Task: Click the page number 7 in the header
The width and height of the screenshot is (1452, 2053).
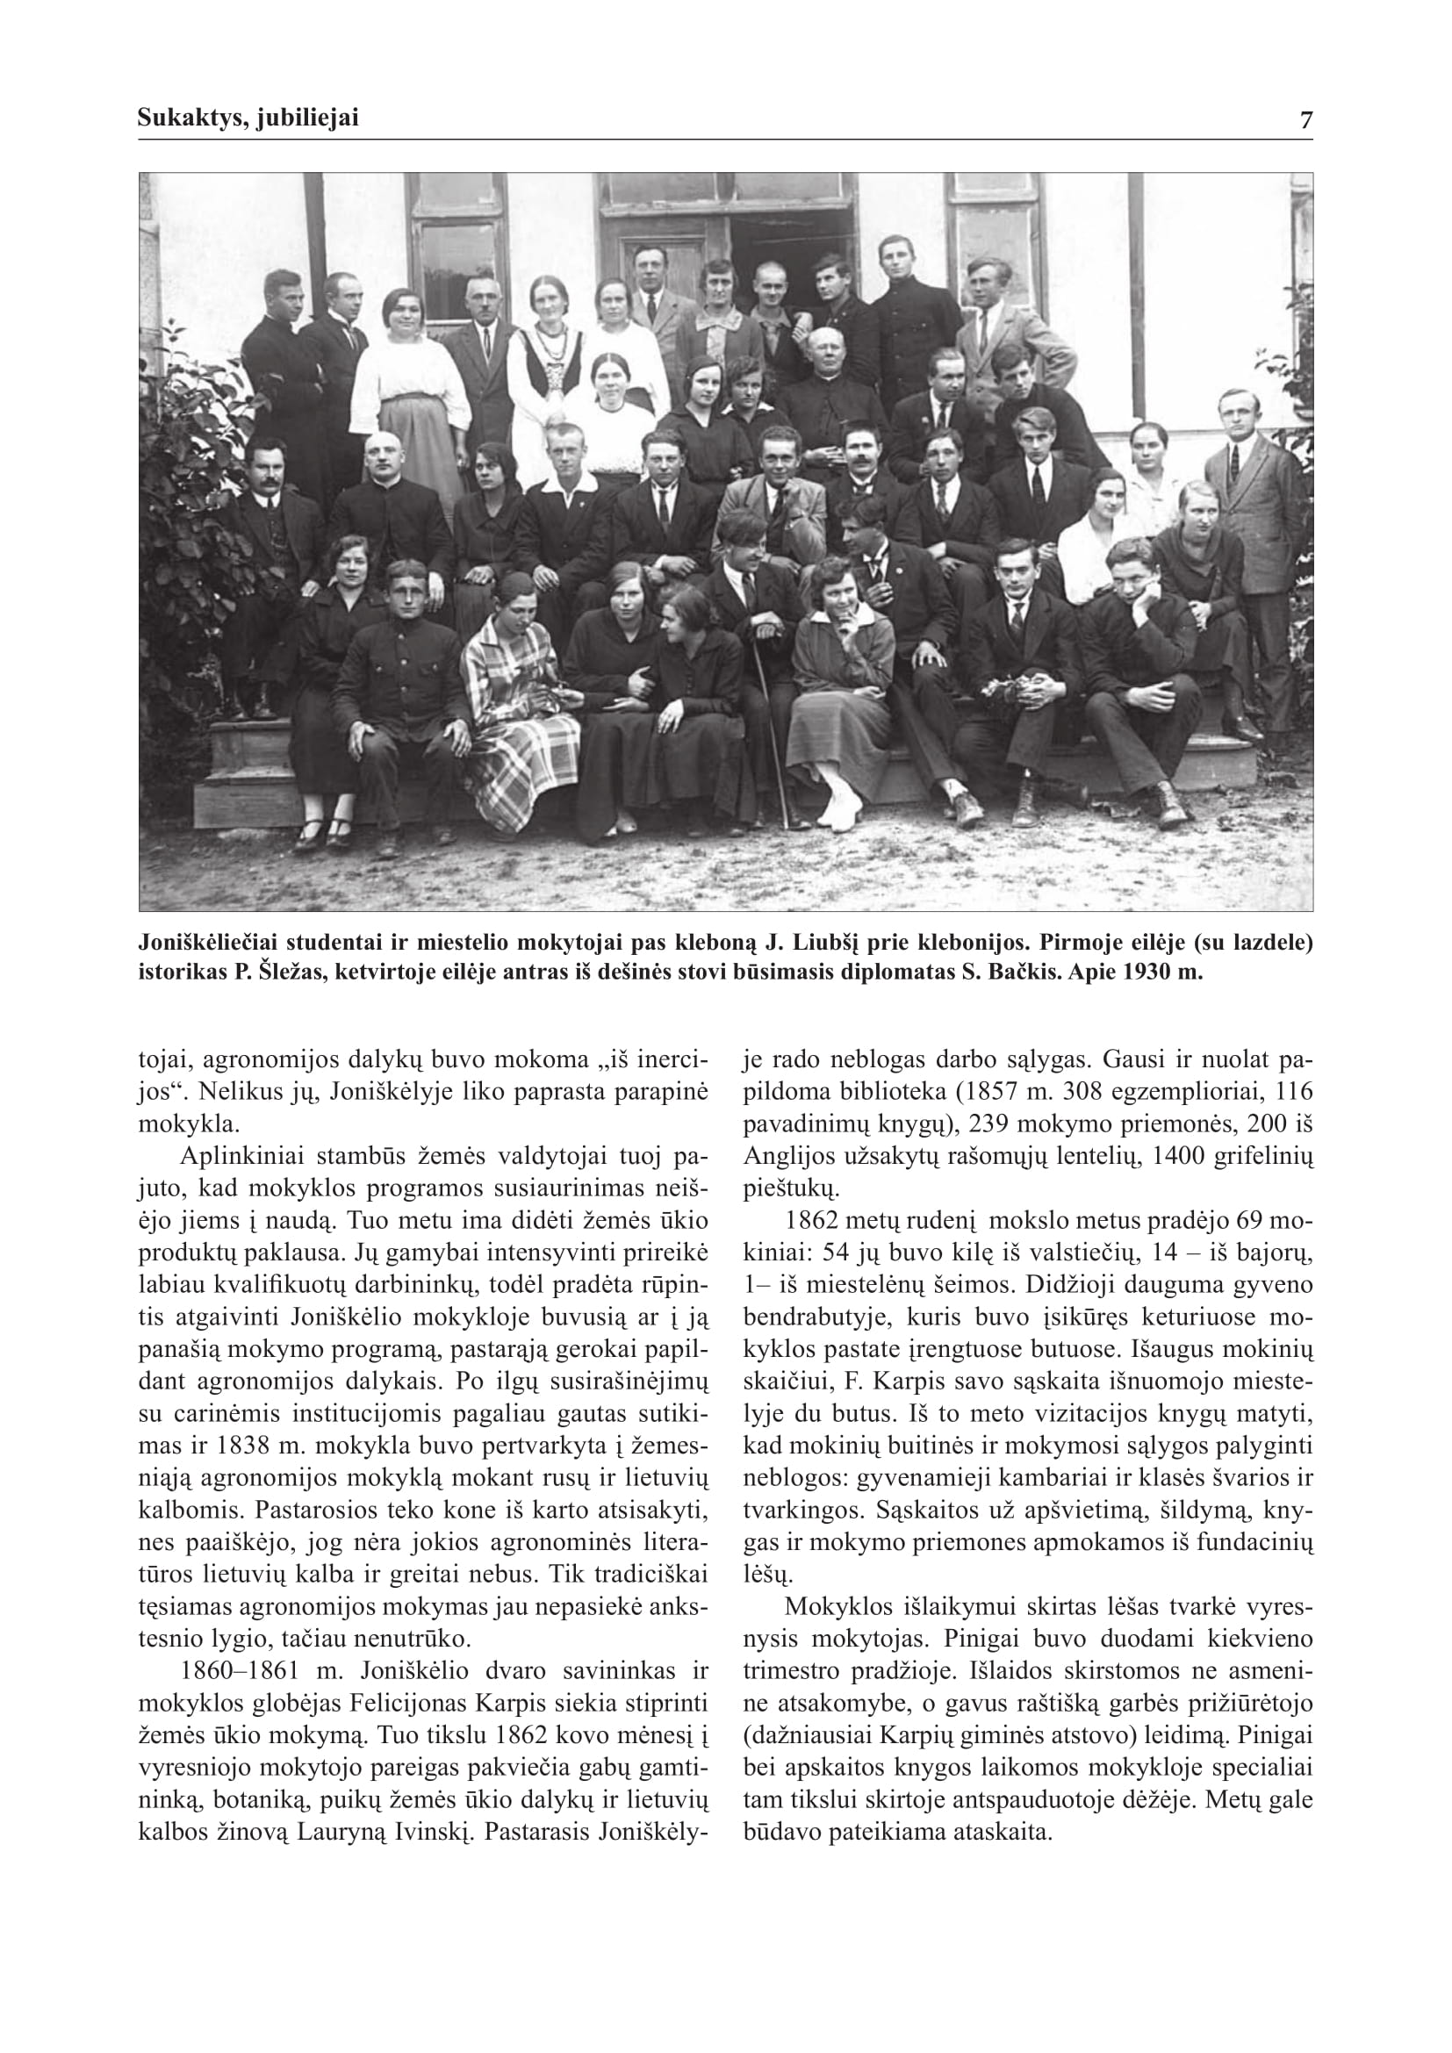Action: [x=1306, y=120]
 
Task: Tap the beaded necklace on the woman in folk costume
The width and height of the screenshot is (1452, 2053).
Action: [x=546, y=343]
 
